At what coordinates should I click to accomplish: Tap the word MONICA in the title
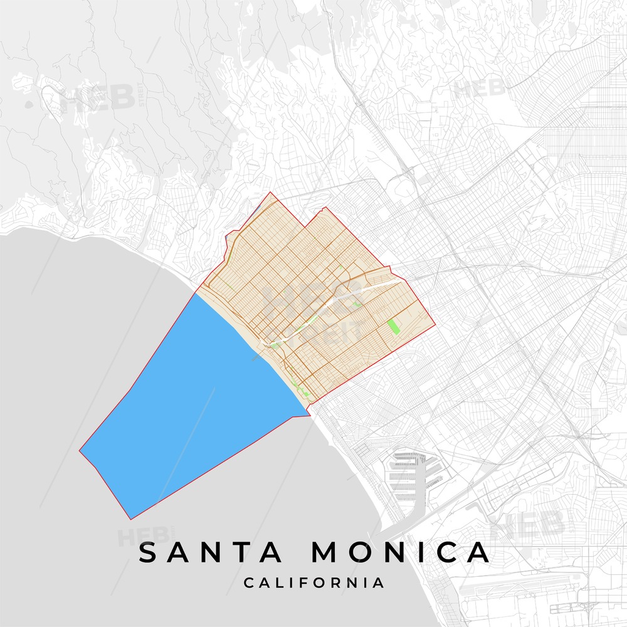click(x=401, y=552)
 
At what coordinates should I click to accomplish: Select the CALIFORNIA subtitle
click(x=313, y=583)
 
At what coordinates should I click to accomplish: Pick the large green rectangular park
click(x=394, y=327)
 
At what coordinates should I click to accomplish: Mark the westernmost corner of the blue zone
click(x=80, y=450)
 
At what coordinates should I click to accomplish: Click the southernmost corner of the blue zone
click(x=130, y=519)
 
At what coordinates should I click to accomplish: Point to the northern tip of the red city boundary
click(x=270, y=192)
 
